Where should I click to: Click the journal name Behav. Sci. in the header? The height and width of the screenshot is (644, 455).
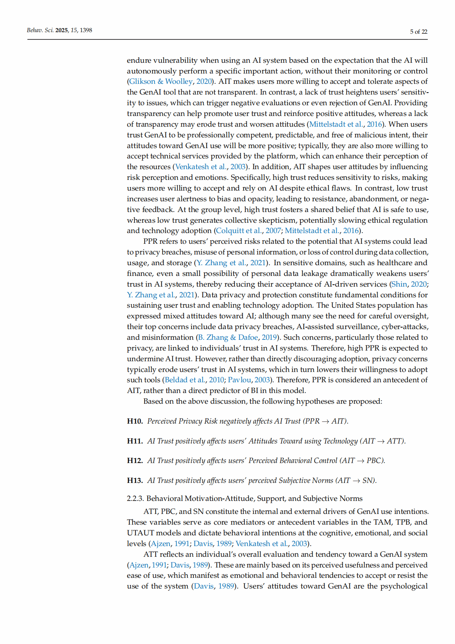click(40, 30)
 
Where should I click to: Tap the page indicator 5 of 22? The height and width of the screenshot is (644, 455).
click(419, 32)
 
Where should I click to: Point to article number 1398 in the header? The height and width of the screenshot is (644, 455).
click(86, 30)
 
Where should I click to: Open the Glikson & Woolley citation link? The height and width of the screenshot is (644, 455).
click(161, 82)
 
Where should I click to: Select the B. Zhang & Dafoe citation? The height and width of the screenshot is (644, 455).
click(228, 337)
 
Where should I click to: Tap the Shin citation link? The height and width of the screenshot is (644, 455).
click(399, 284)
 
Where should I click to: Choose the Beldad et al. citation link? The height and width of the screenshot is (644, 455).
click(185, 380)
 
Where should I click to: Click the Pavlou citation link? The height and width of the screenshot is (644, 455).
click(239, 380)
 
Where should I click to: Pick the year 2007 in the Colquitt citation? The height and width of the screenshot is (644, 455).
click(273, 231)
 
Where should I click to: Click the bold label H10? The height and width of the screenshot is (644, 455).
click(135, 421)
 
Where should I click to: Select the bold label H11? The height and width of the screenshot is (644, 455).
click(135, 441)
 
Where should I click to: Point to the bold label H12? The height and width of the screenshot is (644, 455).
click(135, 461)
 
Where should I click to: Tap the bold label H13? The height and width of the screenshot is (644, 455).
click(135, 481)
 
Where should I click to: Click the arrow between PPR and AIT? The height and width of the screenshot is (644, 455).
click(325, 421)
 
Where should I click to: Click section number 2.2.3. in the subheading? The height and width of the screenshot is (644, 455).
click(135, 499)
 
